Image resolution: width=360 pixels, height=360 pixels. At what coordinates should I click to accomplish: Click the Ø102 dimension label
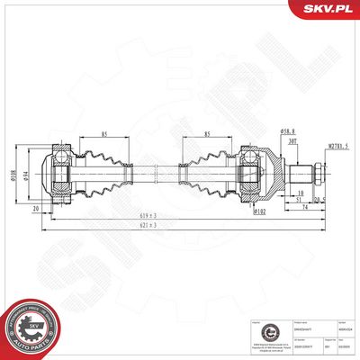tap(259, 213)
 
